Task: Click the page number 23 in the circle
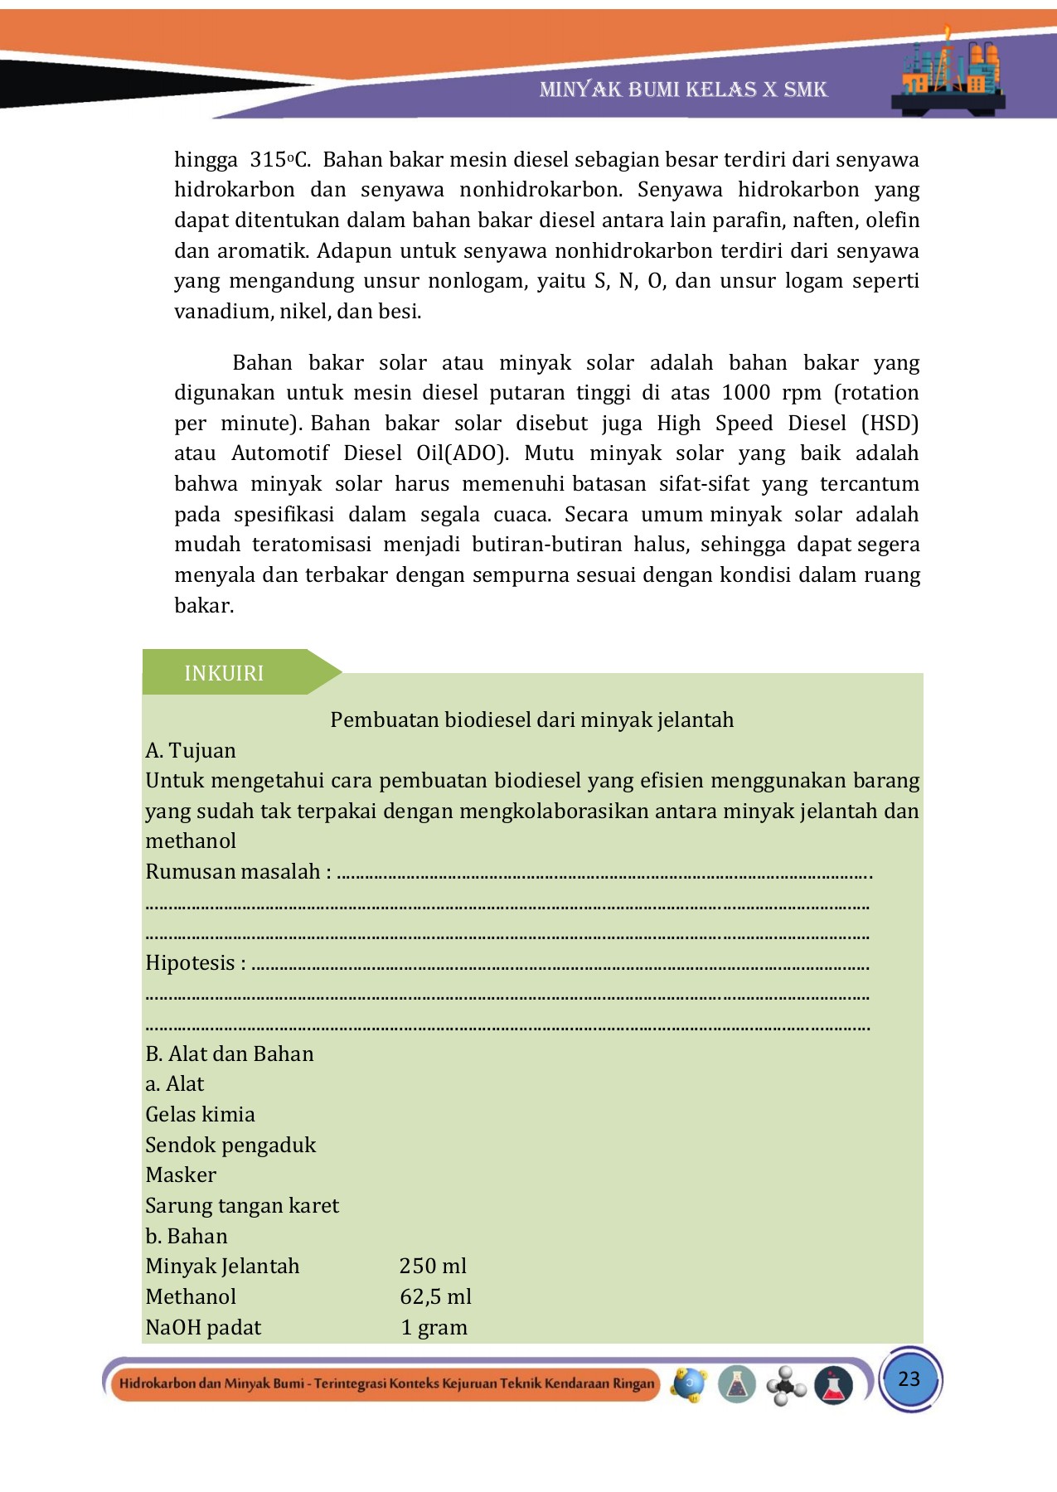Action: (x=909, y=1378)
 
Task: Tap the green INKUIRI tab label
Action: (x=224, y=673)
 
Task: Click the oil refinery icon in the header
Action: (x=950, y=72)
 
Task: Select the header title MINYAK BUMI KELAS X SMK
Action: (x=683, y=90)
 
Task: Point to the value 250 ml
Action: (x=433, y=1266)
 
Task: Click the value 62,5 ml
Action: (x=435, y=1296)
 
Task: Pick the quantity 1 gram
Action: (x=434, y=1327)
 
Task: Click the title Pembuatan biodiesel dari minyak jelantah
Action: (x=531, y=719)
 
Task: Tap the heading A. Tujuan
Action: (x=191, y=750)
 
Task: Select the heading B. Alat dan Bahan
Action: (x=230, y=1054)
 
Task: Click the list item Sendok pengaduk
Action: (x=230, y=1145)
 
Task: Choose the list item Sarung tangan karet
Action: (x=242, y=1205)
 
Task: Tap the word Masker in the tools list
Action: (x=181, y=1175)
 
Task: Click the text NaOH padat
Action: (x=203, y=1327)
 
